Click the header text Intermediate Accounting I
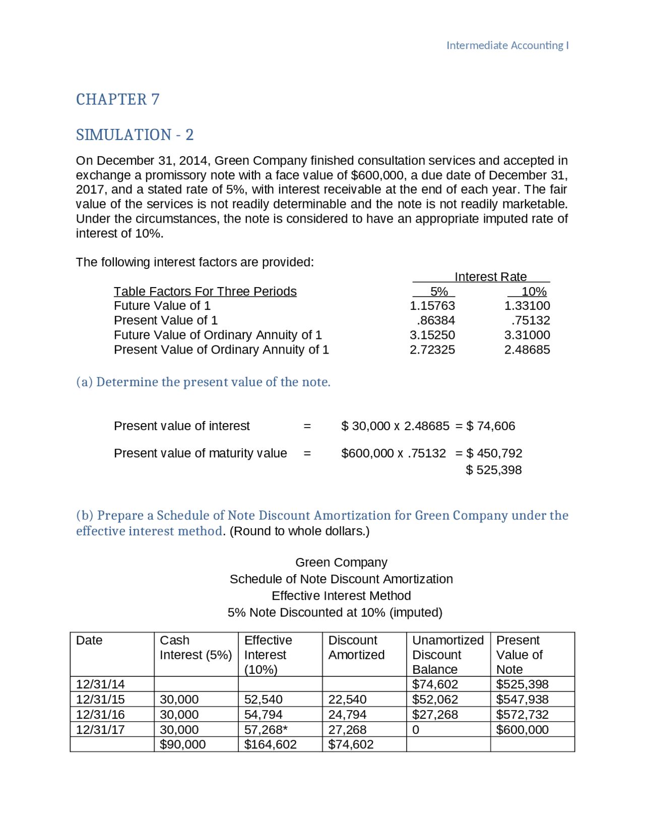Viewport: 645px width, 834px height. pyautogui.click(x=507, y=45)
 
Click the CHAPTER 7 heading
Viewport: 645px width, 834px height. pyautogui.click(x=117, y=99)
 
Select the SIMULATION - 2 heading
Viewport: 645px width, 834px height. pyautogui.click(x=135, y=134)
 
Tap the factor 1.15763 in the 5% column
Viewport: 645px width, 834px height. pyautogui.click(x=432, y=306)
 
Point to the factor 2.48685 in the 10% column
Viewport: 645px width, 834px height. pyautogui.click(x=527, y=350)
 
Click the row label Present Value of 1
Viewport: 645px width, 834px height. pyautogui.click(x=165, y=320)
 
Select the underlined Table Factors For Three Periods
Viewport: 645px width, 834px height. pyautogui.click(x=205, y=291)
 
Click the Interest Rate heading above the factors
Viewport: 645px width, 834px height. pyautogui.click(x=490, y=276)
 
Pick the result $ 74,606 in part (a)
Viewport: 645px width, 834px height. pyautogui.click(x=491, y=426)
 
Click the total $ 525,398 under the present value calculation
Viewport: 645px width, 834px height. pyautogui.click(x=493, y=470)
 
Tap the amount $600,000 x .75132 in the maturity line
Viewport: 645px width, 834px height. pyautogui.click(x=393, y=453)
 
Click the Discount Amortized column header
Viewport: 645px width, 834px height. pyautogui.click(x=356, y=647)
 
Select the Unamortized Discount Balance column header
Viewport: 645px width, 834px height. pyautogui.click(x=447, y=654)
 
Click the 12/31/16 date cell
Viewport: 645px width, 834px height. pyautogui.click(x=100, y=714)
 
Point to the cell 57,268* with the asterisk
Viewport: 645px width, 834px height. pyautogui.click(x=266, y=729)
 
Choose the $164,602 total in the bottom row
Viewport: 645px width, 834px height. pyautogui.click(x=270, y=744)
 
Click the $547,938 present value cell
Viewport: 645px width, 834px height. pyautogui.click(x=522, y=699)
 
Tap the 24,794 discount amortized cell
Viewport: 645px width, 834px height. pyautogui.click(x=347, y=714)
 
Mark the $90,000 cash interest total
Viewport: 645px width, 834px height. pyautogui.click(x=182, y=744)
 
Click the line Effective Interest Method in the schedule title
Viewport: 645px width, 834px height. pyautogui.click(x=341, y=596)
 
